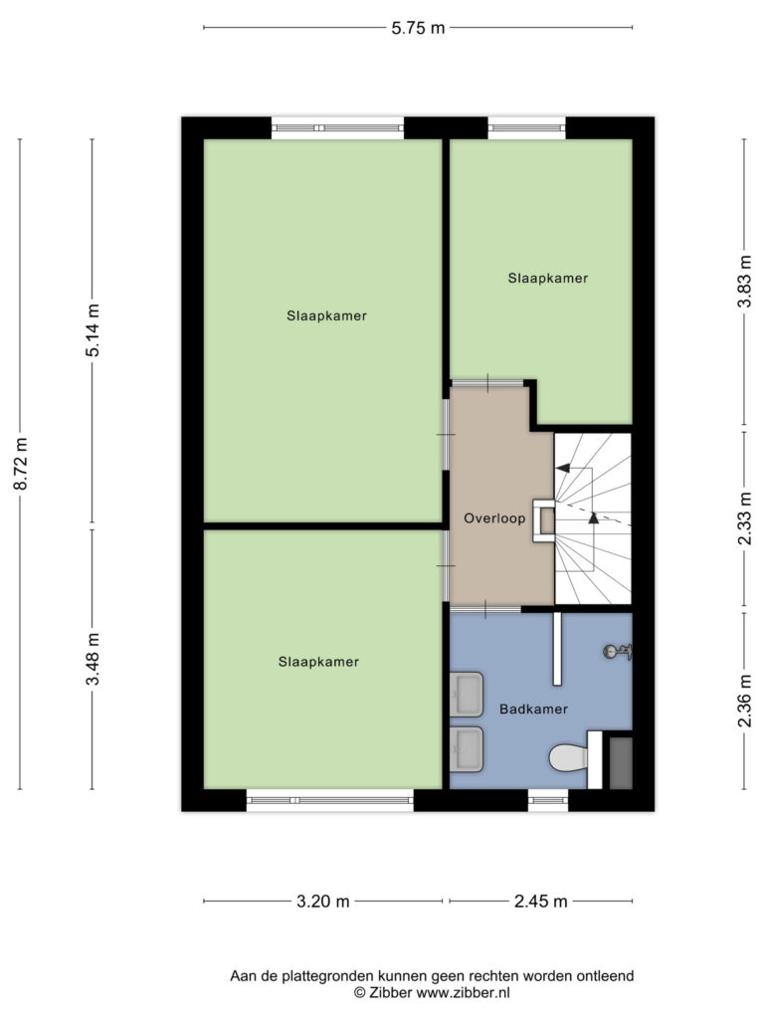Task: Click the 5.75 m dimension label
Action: [x=418, y=28]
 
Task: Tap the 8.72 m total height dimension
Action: [x=22, y=464]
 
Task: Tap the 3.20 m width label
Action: [x=323, y=902]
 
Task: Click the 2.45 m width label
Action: [x=540, y=902]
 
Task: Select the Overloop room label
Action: [x=494, y=518]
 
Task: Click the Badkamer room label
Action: [x=533, y=709]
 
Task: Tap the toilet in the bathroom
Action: [x=568, y=757]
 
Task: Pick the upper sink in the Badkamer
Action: [x=467, y=694]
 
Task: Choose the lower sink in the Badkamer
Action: [x=467, y=748]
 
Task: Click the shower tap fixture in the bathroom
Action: [x=618, y=651]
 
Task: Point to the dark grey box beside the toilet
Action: [x=621, y=763]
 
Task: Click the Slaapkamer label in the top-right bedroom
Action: [x=548, y=279]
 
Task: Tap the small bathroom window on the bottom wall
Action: [x=548, y=800]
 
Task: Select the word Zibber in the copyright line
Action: [x=390, y=992]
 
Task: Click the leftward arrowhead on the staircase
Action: [x=563, y=468]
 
